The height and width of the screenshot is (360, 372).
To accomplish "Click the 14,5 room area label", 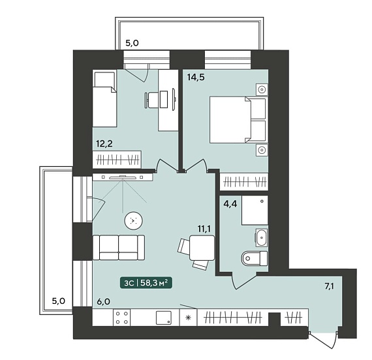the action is coord(196,78).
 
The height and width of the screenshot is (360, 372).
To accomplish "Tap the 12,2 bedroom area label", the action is coord(104,143).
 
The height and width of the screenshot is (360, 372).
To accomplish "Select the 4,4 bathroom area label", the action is coord(230,203).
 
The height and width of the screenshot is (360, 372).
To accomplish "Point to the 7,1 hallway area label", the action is coord(330,286).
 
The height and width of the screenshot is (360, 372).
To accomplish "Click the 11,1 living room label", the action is coord(204,229).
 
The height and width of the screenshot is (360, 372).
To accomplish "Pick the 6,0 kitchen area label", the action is coord(104,302).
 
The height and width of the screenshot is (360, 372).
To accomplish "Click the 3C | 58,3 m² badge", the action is coord(146,283).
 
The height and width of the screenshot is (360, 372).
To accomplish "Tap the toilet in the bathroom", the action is coord(255,258).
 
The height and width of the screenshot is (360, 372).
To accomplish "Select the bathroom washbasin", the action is coord(261,237).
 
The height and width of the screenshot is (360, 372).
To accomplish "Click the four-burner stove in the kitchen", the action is coord(121,318).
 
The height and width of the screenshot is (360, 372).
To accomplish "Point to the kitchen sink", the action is coord(164,318).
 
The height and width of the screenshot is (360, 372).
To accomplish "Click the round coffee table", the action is coord(133,221).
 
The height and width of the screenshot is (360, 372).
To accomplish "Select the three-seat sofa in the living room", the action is coord(119,247).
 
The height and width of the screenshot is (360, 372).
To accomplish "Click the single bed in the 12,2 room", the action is coord(104,98).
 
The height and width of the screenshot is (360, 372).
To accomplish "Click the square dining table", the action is coord(202,248).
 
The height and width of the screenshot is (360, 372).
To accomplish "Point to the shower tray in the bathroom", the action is coord(255,210).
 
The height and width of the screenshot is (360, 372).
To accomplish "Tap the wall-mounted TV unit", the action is coord(123,177).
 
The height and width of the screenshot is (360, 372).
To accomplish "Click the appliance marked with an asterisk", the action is coord(189,318).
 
